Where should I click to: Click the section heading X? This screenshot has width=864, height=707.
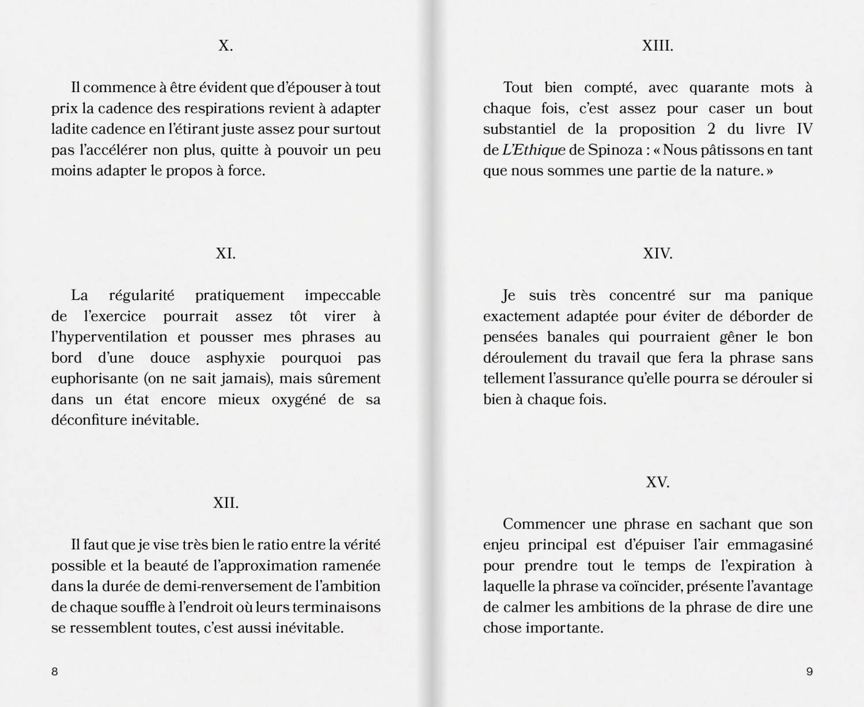click(x=225, y=46)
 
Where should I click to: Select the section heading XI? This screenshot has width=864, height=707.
click(x=225, y=253)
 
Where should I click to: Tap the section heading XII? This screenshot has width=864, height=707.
click(x=225, y=503)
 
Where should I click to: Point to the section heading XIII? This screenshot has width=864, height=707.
click(x=657, y=46)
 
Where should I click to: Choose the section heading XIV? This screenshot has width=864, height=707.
click(x=657, y=253)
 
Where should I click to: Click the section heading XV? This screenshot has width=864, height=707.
click(x=657, y=482)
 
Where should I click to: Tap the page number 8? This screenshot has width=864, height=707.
click(x=55, y=671)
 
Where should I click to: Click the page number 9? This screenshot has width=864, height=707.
click(x=809, y=671)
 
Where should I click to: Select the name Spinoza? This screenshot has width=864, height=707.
click(x=614, y=150)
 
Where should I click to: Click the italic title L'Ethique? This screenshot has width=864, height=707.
click(x=533, y=150)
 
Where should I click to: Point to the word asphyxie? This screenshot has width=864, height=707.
click(x=236, y=358)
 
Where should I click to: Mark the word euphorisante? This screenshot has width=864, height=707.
click(x=94, y=379)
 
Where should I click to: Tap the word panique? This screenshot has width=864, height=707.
click(x=786, y=296)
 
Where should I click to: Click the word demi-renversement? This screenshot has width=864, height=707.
click(x=229, y=587)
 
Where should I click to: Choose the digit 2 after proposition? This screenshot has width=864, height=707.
click(x=711, y=130)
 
